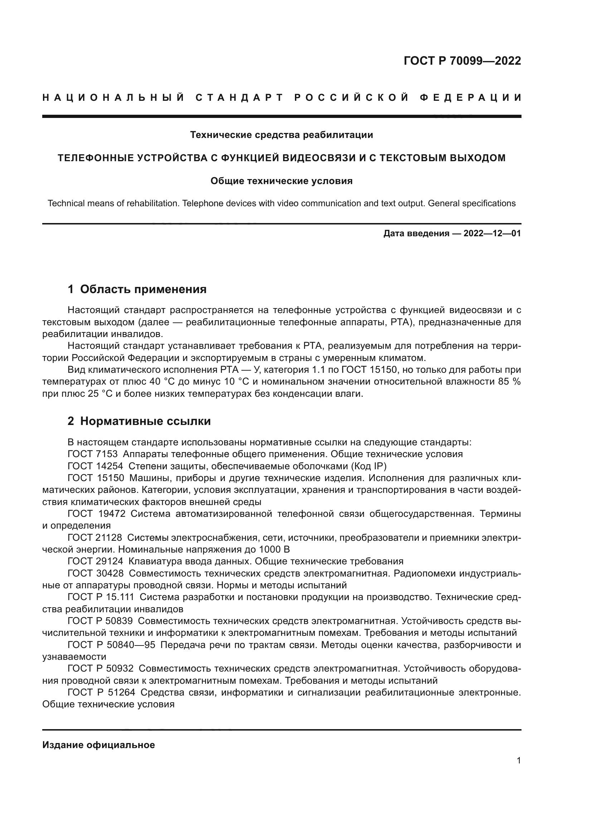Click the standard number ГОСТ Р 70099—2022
coord(462,61)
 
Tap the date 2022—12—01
coord(492,233)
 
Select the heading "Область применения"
coord(143,289)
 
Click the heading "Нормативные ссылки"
coord(145,421)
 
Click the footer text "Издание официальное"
coord(98,745)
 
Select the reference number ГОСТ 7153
coord(93,454)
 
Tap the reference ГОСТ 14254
coord(95,466)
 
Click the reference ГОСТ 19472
coord(97,514)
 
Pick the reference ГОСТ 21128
coord(95,538)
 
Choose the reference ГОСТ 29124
coord(95,561)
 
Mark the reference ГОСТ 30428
coord(96,573)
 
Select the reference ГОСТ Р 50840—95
coord(111,645)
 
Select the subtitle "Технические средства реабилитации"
coord(281,135)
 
